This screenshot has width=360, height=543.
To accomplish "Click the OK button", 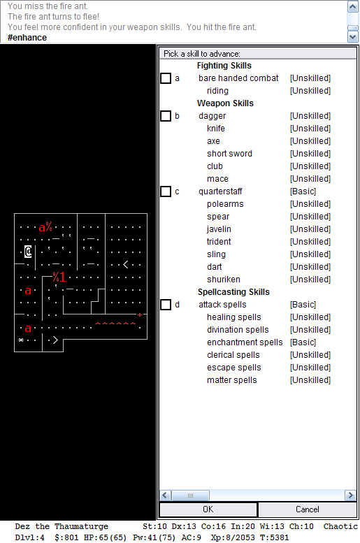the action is pyautogui.click(x=208, y=509).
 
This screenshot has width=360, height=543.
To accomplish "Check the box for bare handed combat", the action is pyautogui.click(x=166, y=78).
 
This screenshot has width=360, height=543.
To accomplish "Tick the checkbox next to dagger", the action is pyautogui.click(x=166, y=116).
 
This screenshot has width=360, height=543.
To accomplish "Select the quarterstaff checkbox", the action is pyautogui.click(x=166, y=191).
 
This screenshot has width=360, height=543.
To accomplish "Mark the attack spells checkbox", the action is pyautogui.click(x=166, y=305).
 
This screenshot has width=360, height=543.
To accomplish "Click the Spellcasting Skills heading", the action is pyautogui.click(x=233, y=292).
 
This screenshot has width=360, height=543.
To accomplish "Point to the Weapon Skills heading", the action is pyautogui.click(x=225, y=103).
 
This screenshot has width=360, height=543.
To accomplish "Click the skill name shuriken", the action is pyautogui.click(x=224, y=280).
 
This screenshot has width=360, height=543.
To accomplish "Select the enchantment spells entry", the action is pyautogui.click(x=245, y=342).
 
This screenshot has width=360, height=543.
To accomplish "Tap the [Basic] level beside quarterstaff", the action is pyautogui.click(x=303, y=191).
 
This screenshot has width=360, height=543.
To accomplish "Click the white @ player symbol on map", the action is pyautogui.click(x=28, y=252).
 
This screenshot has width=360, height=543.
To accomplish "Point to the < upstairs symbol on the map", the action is pyautogui.click(x=125, y=265).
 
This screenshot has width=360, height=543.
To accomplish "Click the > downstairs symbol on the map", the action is pyautogui.click(x=55, y=340).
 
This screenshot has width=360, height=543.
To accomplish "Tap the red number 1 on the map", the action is pyautogui.click(x=62, y=277).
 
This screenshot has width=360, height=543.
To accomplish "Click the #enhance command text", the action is pyautogui.click(x=27, y=38).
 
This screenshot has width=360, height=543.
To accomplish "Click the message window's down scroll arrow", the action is pyautogui.click(x=353, y=37).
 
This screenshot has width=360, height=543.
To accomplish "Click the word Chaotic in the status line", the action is pyautogui.click(x=340, y=526).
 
